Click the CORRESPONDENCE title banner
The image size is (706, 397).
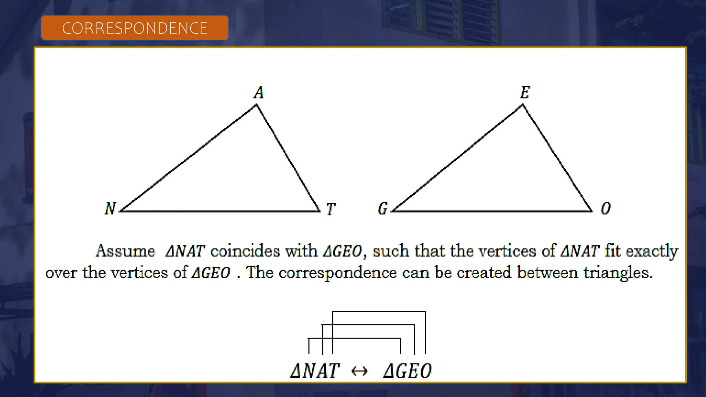point(134,28)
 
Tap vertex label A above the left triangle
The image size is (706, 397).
point(259,92)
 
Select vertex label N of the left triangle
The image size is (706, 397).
point(110,208)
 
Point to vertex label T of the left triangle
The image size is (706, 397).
point(331,209)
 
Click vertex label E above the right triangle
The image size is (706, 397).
point(525,92)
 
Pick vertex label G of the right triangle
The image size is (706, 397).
point(383,208)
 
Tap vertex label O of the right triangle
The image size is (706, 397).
point(606,208)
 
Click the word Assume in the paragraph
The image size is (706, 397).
point(125,251)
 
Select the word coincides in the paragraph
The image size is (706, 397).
point(245,251)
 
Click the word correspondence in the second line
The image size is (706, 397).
point(337,273)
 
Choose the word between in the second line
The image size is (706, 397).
point(547,272)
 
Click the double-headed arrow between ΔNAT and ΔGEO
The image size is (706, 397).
point(359,371)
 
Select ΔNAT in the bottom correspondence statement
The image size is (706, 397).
point(315,371)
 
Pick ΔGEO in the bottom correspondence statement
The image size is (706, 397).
point(407,371)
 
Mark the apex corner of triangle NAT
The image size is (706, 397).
point(256,105)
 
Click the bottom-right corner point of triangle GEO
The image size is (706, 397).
point(592,211)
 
